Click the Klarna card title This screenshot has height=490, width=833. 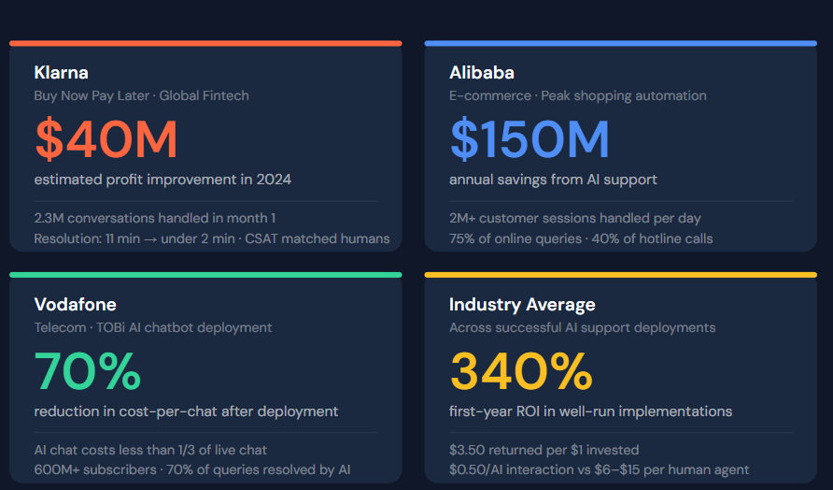pos(62,73)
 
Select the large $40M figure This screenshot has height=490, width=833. pos(106,139)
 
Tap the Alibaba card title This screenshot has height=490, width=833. pos(482,73)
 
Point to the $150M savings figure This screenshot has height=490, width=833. pos(529,139)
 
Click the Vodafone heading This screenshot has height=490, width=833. pos(75,305)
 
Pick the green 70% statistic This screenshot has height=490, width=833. pos(88,371)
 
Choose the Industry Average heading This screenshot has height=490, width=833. pos(522,305)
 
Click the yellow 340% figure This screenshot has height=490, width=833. pos(521,371)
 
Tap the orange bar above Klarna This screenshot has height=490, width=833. pos(205,43)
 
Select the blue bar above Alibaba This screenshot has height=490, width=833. pos(621,43)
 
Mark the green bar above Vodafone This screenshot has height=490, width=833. pos(205,275)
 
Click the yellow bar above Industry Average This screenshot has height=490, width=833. pos(621,275)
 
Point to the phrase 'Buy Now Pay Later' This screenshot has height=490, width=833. pos(92,95)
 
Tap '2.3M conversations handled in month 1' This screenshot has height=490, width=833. pos(155,218)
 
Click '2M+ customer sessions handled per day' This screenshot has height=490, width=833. pos(575,218)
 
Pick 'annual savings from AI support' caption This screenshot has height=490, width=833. pos(554,180)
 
